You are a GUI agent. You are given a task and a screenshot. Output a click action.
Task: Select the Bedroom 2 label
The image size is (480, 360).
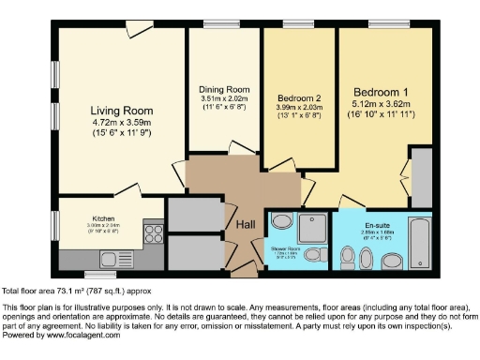point(300,97)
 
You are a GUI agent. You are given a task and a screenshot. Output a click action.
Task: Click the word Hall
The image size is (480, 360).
point(246,224)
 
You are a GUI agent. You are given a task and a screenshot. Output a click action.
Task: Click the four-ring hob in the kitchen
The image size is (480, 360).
point(153,231)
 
